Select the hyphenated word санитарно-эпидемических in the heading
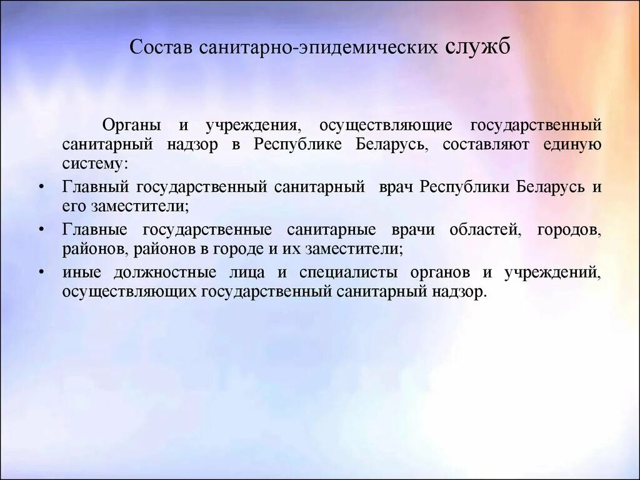[x=318, y=48]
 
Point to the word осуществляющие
[x=386, y=125]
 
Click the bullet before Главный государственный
[x=41, y=187]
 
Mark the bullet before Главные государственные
[x=41, y=230]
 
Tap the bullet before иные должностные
[x=41, y=273]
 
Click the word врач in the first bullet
[x=397, y=187]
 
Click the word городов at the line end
[x=569, y=229]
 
